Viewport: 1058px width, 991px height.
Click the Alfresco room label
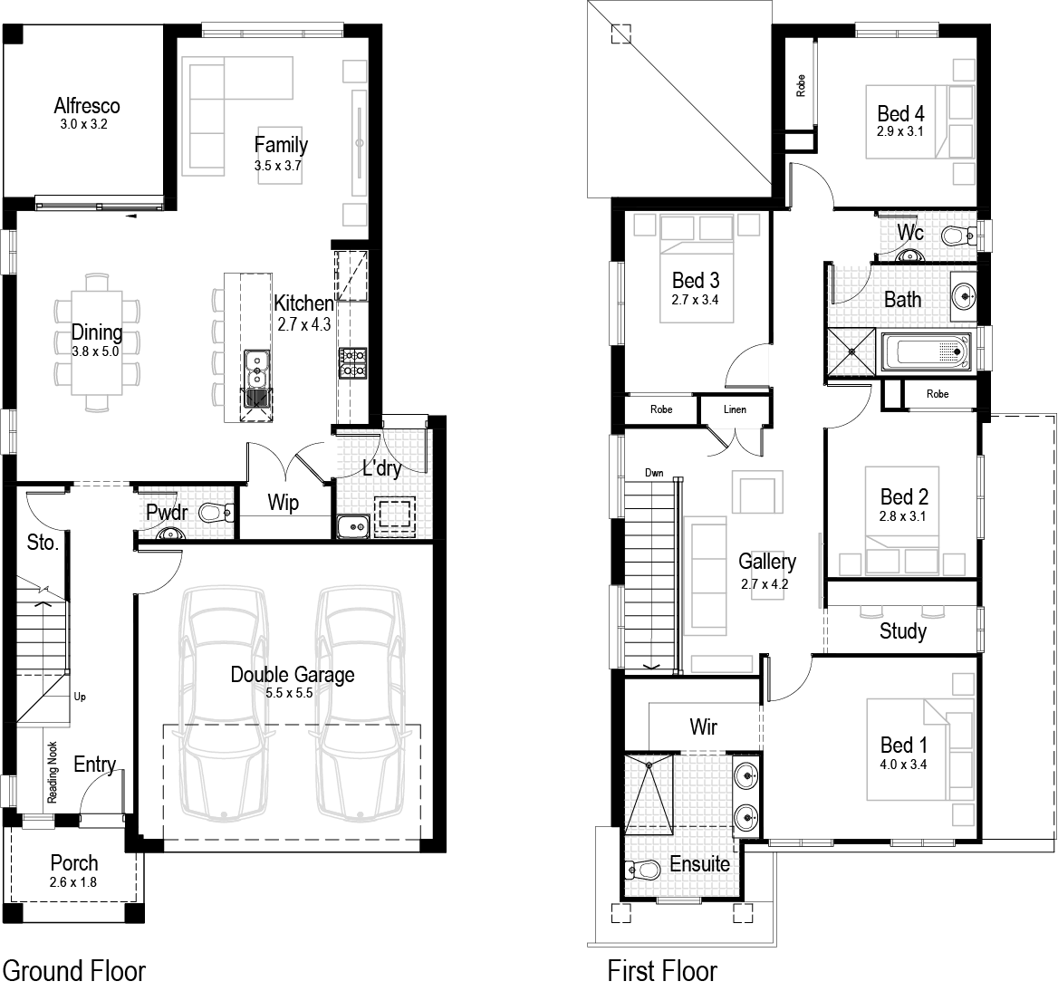pyautogui.click(x=86, y=106)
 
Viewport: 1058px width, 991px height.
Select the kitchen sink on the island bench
pyautogui.click(x=257, y=367)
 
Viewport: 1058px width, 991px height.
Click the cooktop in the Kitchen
pyautogui.click(x=352, y=362)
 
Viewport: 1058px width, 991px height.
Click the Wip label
pyautogui.click(x=283, y=503)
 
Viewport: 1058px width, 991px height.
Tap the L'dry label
pyautogui.click(x=381, y=468)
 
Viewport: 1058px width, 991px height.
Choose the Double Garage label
pyautogui.click(x=292, y=675)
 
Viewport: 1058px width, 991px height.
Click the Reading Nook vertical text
pyautogui.click(x=53, y=773)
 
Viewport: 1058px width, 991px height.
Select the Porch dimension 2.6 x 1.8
pyautogui.click(x=74, y=881)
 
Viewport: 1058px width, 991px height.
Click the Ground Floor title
pyautogui.click(x=74, y=971)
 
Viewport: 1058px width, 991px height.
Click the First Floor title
pyautogui.click(x=662, y=971)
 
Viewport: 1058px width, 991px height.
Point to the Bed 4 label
pyautogui.click(x=900, y=113)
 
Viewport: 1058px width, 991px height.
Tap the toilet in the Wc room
pyautogui.click(x=954, y=236)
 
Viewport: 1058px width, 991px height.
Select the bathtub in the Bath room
pyautogui.click(x=925, y=351)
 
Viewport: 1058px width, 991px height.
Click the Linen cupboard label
pyautogui.click(x=735, y=409)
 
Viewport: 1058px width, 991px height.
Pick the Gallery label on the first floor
pyautogui.click(x=766, y=562)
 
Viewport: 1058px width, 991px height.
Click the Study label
pyautogui.click(x=902, y=631)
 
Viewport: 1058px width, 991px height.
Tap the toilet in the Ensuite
pyautogui.click(x=644, y=871)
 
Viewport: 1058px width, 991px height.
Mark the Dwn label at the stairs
pyautogui.click(x=654, y=473)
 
